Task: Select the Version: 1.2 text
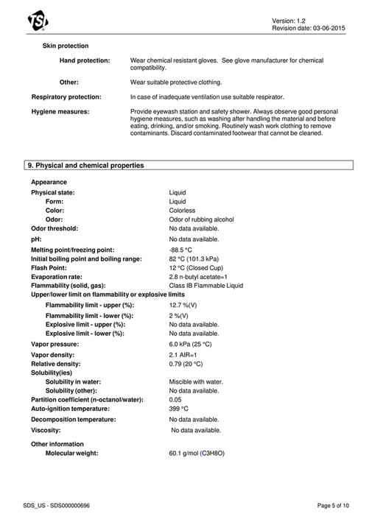click(323, 20)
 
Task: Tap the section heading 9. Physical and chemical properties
click(85, 165)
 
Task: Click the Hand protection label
click(85, 60)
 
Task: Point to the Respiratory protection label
click(66, 96)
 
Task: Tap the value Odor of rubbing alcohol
click(201, 219)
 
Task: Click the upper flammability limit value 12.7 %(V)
click(183, 304)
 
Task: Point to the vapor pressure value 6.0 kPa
click(191, 343)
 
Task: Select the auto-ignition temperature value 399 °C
click(179, 408)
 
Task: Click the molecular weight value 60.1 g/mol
click(199, 454)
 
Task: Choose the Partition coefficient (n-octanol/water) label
click(87, 399)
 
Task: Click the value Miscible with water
click(196, 381)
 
